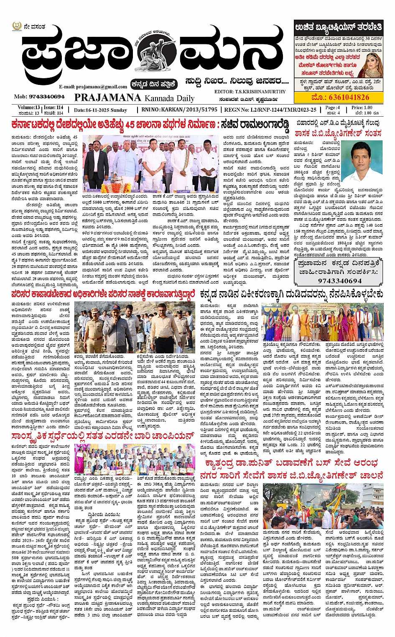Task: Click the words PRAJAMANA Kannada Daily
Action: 134,98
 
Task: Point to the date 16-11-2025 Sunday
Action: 100,110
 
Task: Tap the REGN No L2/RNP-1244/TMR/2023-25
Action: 282,110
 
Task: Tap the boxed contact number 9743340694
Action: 339,281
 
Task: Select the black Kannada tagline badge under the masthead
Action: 154,84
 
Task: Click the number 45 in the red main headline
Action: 130,125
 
